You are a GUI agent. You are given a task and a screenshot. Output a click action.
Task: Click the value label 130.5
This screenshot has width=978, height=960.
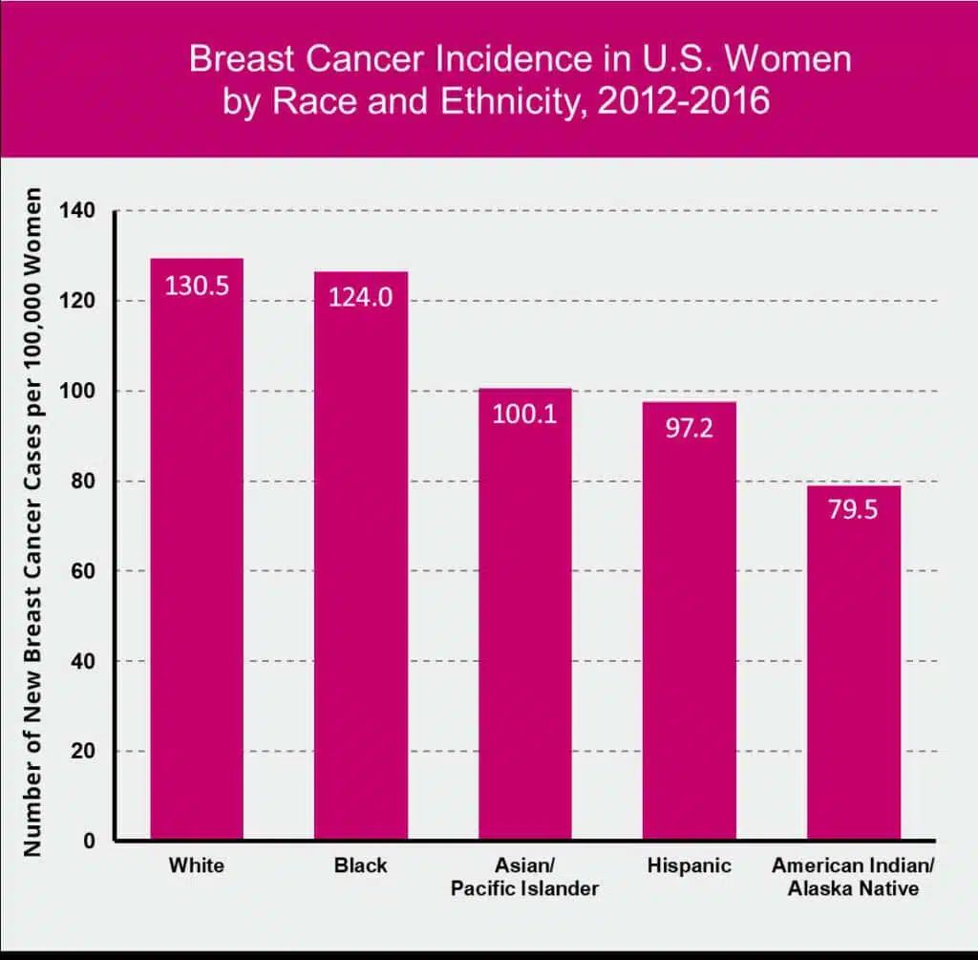point(197,286)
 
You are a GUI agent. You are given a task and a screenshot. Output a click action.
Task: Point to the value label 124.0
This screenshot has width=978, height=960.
point(361,297)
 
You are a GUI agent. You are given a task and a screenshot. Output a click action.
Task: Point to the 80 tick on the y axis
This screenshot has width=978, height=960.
point(85,481)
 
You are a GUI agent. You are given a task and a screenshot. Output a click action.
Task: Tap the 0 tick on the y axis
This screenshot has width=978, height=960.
point(90,842)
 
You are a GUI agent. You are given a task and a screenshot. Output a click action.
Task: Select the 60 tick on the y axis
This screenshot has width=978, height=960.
point(85,571)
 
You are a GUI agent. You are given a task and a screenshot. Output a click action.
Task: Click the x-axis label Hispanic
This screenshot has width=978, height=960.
point(689,866)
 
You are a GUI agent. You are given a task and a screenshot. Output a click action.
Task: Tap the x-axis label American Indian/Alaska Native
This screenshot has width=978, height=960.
point(853,877)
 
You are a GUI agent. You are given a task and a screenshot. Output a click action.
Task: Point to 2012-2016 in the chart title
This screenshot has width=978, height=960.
point(683,100)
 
